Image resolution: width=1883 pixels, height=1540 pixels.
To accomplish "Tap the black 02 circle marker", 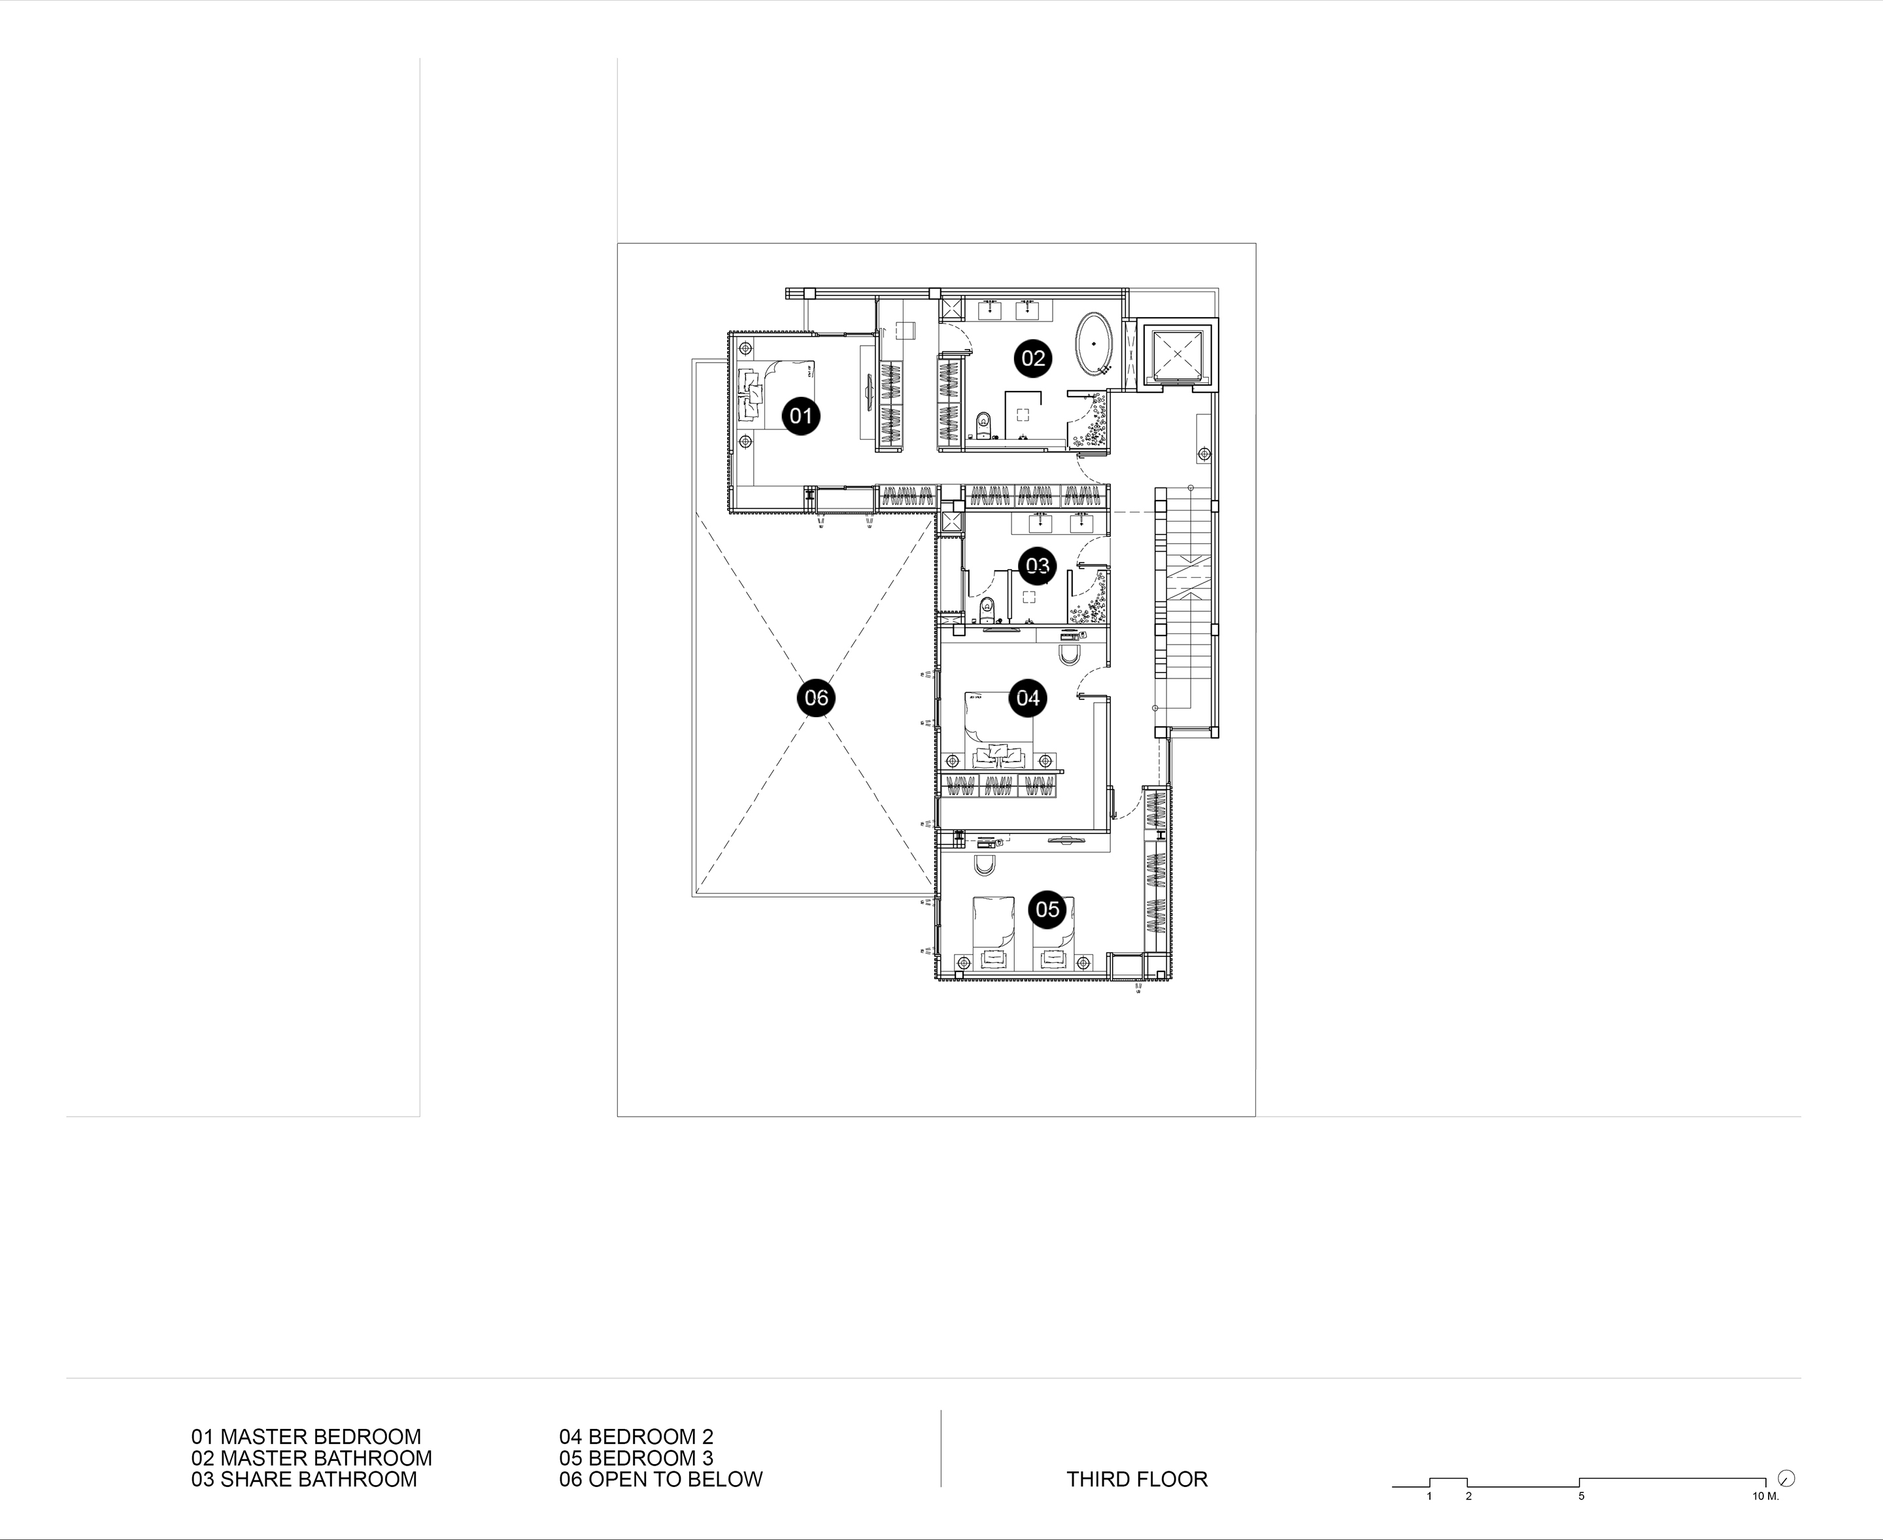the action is (x=1033, y=358).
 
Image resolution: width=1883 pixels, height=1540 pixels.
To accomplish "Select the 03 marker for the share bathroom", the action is (x=1038, y=565).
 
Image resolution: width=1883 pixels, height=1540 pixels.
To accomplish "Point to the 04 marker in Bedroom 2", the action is (x=1028, y=698).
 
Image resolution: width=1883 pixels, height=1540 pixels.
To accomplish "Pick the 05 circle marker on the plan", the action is (x=1047, y=909).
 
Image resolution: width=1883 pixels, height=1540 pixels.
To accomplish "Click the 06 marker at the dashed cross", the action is (x=817, y=697).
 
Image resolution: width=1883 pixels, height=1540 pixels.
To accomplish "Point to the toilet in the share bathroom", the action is (x=988, y=611).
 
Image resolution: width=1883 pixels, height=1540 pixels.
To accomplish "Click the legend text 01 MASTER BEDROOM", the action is (x=306, y=1436).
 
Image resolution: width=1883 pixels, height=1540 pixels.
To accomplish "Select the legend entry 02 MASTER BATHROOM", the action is (x=311, y=1458).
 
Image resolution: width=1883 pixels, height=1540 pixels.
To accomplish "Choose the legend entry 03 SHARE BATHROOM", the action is (x=303, y=1479).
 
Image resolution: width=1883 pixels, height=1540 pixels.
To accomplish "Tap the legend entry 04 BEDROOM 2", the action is (x=636, y=1436).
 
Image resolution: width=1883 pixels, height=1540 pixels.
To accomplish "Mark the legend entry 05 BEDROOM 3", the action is (x=636, y=1458).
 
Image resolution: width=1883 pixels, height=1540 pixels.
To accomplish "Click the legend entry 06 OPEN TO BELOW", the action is (x=661, y=1479).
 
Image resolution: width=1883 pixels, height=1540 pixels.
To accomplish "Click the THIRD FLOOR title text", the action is (x=1137, y=1479).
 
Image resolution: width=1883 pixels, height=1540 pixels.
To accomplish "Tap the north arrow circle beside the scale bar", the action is (x=1787, y=1478).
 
